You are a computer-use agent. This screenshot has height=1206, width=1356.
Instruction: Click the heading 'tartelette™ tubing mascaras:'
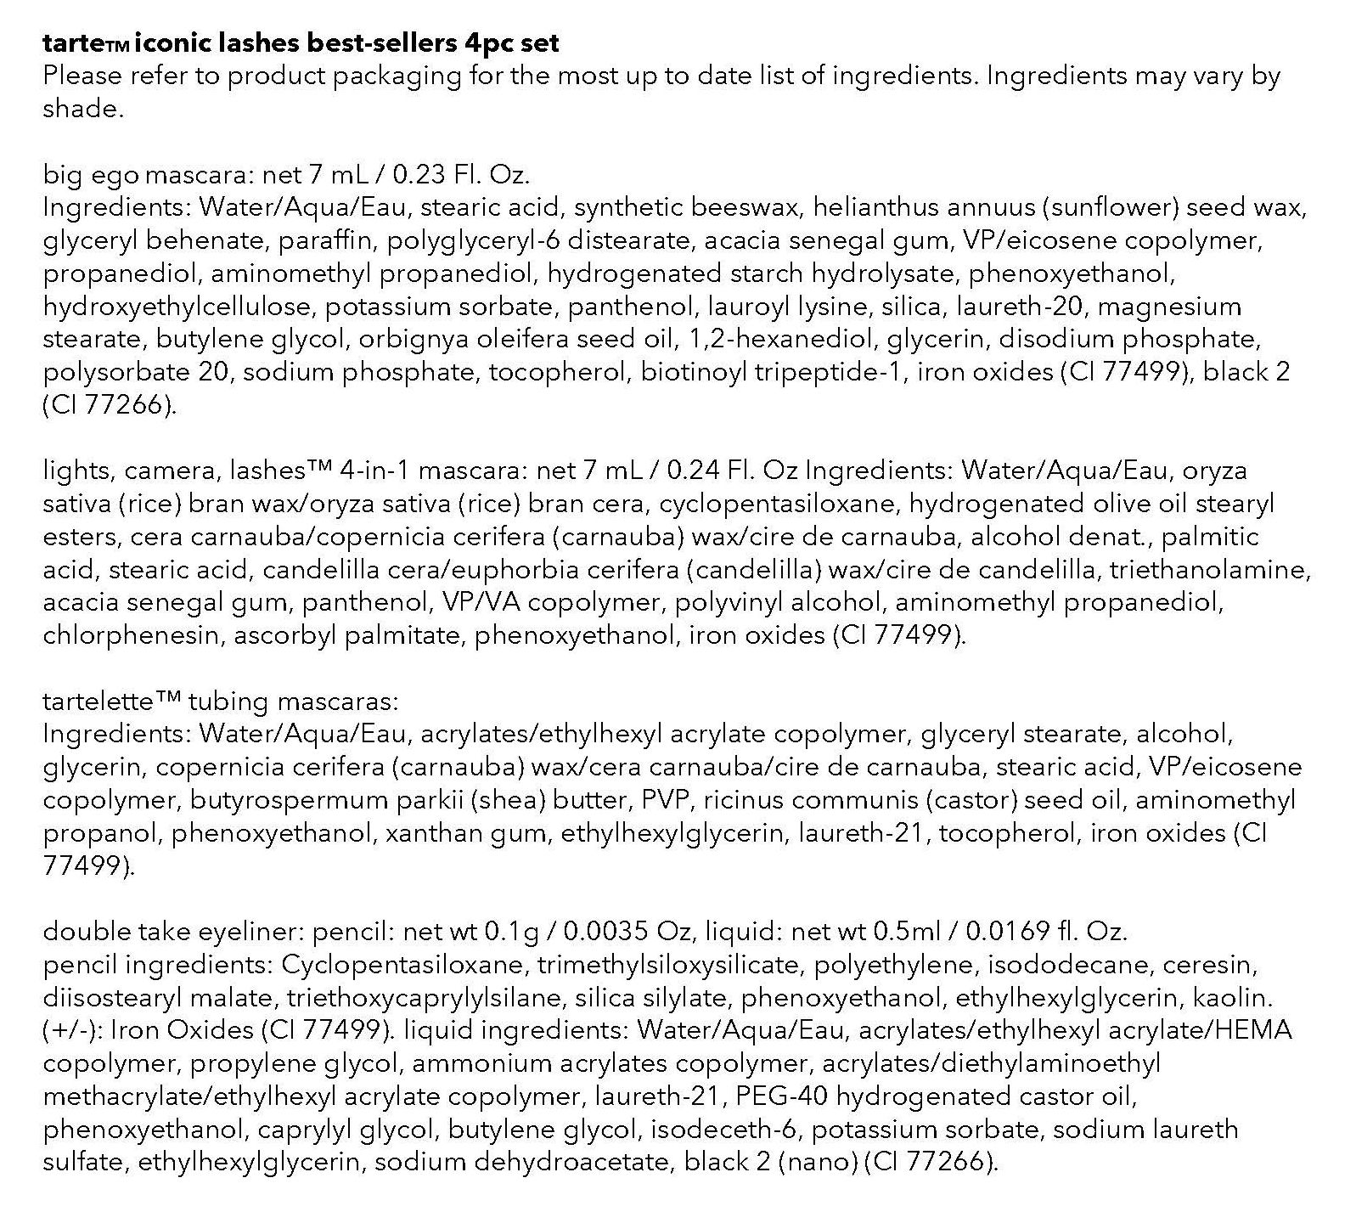coord(220,702)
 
